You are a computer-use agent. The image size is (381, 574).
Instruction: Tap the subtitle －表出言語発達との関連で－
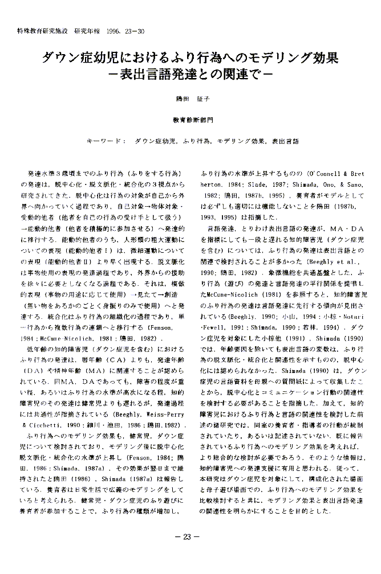click(191, 74)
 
